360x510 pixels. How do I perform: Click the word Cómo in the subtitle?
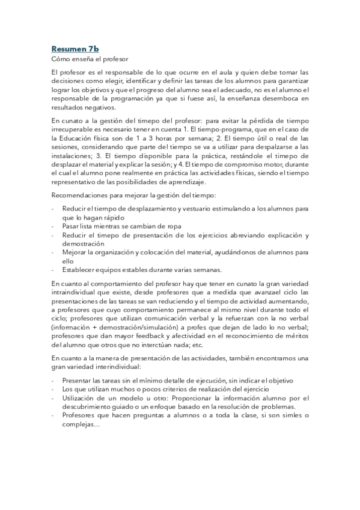point(61,59)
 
